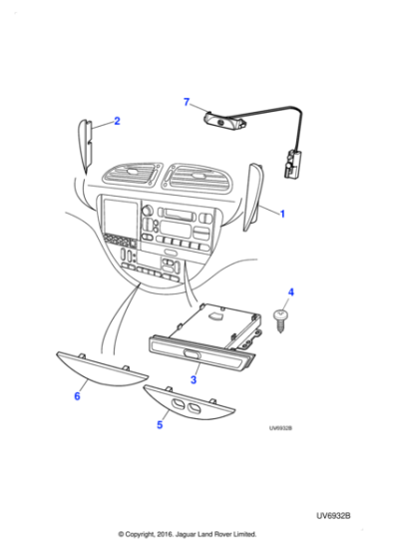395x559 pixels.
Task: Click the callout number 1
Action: [x=282, y=214]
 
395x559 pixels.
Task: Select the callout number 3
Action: [x=196, y=379]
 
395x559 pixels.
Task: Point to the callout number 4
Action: [x=290, y=292]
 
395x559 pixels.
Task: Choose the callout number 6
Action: [x=77, y=396]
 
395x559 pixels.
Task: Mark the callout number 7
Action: [x=186, y=102]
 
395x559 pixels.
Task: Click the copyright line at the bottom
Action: [x=187, y=534]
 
